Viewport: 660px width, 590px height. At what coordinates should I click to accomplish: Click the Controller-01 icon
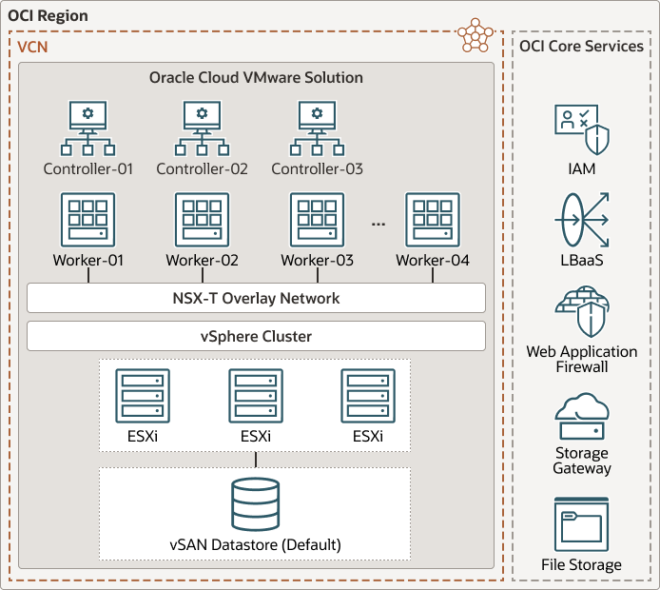pyautogui.click(x=87, y=129)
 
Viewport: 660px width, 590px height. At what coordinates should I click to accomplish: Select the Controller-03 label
pyautogui.click(x=317, y=169)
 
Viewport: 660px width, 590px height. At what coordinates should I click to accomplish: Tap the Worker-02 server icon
pyautogui.click(x=202, y=221)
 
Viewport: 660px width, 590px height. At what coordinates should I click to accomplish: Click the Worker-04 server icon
pyautogui.click(x=433, y=221)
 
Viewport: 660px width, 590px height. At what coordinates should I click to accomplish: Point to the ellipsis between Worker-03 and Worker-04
pyautogui.click(x=379, y=224)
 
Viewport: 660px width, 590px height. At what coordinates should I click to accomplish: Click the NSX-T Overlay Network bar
pyautogui.click(x=256, y=298)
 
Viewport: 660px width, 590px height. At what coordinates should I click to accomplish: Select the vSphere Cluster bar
pyautogui.click(x=256, y=336)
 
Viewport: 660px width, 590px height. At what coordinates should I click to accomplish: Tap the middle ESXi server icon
pyautogui.click(x=256, y=395)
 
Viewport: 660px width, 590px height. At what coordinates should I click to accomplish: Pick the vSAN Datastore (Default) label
pyautogui.click(x=255, y=545)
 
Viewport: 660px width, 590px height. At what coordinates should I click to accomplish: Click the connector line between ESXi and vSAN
pyautogui.click(x=256, y=458)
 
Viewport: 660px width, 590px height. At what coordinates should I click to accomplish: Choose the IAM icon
pyautogui.click(x=581, y=130)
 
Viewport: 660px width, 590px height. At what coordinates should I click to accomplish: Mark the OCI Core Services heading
pyautogui.click(x=581, y=46)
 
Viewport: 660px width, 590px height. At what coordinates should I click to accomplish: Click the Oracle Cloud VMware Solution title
pyautogui.click(x=256, y=77)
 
